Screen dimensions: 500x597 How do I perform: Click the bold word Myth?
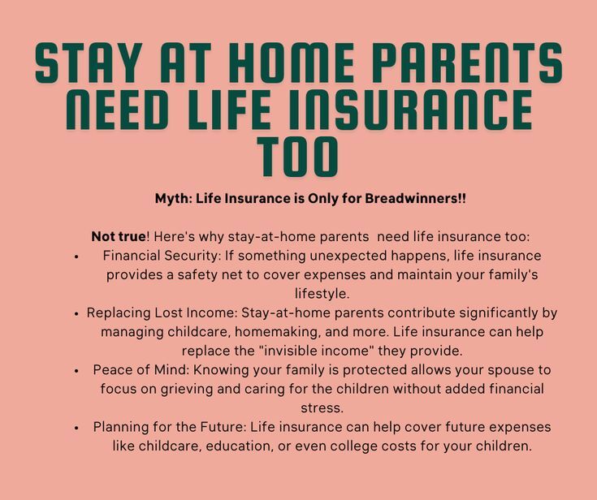point(173,198)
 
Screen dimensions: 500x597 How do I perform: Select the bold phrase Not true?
point(118,237)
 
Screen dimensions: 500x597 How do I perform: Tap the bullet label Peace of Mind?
point(139,370)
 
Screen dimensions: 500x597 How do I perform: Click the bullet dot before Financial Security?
point(76,256)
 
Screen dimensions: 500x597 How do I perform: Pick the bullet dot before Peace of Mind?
point(76,371)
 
